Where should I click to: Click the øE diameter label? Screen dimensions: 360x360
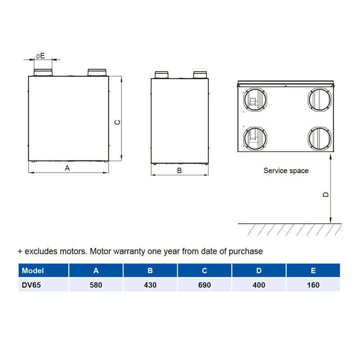click(x=40, y=56)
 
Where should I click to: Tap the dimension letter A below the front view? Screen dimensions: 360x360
click(x=67, y=168)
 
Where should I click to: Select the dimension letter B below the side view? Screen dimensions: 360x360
click(x=180, y=171)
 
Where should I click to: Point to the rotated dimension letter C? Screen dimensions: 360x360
click(x=117, y=122)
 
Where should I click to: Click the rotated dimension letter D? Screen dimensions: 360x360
click(x=325, y=194)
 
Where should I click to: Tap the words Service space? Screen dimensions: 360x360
click(x=286, y=171)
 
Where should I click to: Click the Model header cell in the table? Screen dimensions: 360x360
click(x=43, y=270)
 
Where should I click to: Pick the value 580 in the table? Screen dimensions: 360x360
click(x=96, y=285)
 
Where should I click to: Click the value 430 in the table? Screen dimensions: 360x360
click(x=150, y=285)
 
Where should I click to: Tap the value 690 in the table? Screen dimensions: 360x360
click(x=204, y=285)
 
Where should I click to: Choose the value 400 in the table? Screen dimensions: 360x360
click(x=259, y=285)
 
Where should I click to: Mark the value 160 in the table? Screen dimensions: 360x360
click(x=313, y=285)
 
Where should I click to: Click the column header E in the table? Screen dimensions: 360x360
click(x=313, y=270)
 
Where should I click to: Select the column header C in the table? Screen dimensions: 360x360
click(x=204, y=270)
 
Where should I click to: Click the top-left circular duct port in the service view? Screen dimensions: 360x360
click(x=255, y=100)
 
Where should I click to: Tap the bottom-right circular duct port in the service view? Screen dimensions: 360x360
click(x=319, y=139)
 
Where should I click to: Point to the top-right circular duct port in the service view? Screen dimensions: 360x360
click(x=319, y=100)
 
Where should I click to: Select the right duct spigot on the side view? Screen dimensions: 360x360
click(x=200, y=75)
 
